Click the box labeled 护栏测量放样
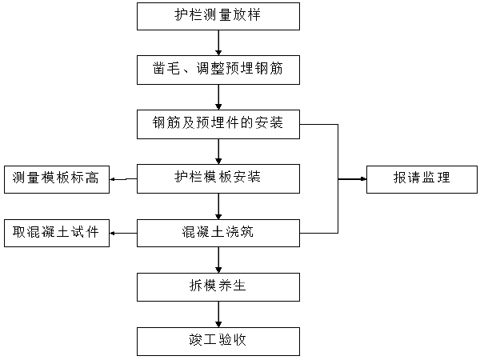click(218, 17)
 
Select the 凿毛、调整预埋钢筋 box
click(218, 70)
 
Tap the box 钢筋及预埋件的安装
click(218, 124)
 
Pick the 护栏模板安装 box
click(218, 178)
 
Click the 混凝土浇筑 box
click(218, 233)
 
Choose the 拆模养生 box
click(218, 287)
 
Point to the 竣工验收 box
click(218, 342)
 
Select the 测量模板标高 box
click(57, 179)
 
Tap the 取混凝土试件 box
click(57, 233)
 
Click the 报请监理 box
click(422, 179)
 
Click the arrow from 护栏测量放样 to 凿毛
click(218, 43)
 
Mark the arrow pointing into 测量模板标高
click(123, 179)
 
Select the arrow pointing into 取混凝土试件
click(123, 234)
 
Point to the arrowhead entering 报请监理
click(364, 178)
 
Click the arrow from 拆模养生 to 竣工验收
click(218, 314)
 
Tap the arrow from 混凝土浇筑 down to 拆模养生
click(218, 260)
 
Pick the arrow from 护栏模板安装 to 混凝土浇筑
click(218, 206)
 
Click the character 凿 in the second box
click(159, 68)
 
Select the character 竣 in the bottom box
click(196, 340)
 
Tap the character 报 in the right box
click(400, 178)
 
